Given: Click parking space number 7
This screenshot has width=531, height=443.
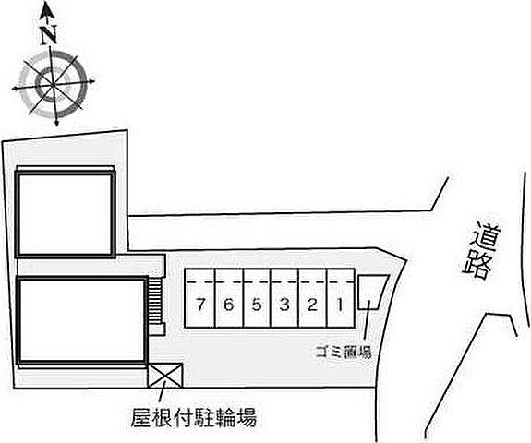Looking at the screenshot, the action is [x=199, y=298].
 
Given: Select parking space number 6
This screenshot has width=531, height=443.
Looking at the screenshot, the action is [x=229, y=298].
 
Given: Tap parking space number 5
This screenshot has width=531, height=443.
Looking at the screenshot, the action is [x=257, y=298].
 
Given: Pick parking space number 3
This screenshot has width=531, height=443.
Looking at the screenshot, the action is [x=284, y=298].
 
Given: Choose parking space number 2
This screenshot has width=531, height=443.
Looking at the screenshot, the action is [x=312, y=298].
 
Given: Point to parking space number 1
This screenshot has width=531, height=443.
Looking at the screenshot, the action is [x=341, y=298].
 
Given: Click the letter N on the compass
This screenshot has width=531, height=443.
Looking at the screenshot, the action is [x=48, y=35].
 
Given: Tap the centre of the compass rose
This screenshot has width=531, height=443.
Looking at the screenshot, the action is [x=53, y=84].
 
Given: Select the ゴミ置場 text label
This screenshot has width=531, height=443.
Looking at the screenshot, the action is [x=344, y=352].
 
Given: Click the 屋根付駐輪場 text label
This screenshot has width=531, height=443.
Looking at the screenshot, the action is [x=194, y=417].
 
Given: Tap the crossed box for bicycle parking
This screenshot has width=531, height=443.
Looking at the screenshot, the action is [x=165, y=376].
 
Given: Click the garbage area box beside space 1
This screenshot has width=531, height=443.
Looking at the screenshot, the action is [x=372, y=292].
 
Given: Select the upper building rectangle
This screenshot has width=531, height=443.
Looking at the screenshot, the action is [x=66, y=214].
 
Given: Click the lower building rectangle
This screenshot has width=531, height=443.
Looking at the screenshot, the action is [x=82, y=321].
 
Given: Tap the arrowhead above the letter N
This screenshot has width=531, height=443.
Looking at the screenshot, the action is [x=47, y=12].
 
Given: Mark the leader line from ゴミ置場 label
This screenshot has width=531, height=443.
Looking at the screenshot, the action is [x=368, y=320].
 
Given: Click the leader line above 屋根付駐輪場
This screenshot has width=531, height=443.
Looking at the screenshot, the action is [x=162, y=391].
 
